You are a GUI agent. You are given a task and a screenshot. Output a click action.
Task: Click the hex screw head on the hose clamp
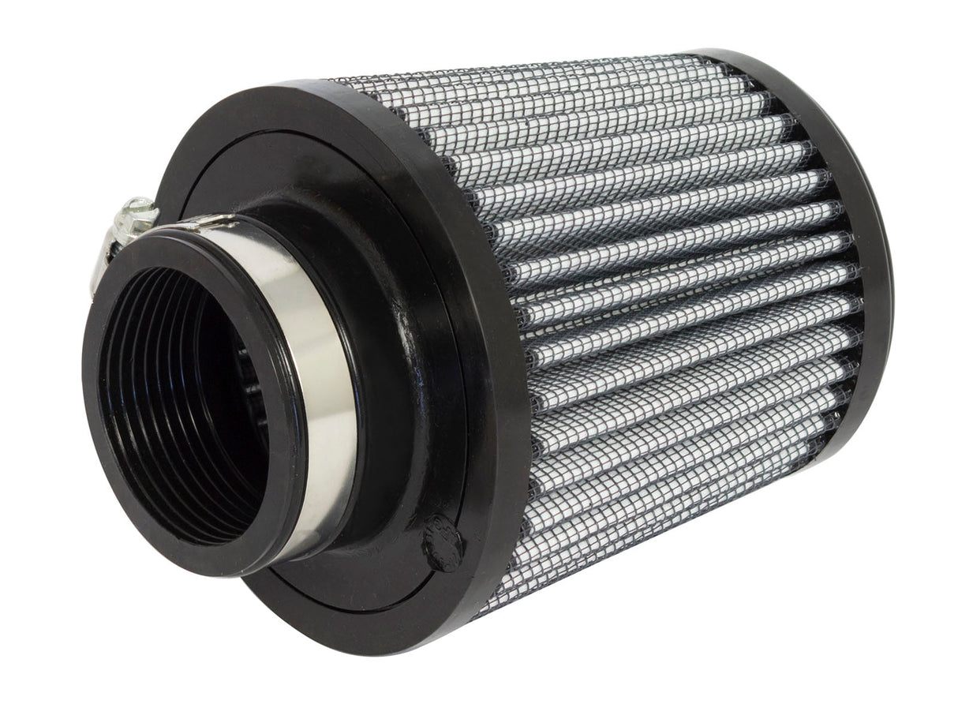139,209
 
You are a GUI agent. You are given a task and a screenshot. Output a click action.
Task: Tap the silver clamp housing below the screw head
118,237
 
